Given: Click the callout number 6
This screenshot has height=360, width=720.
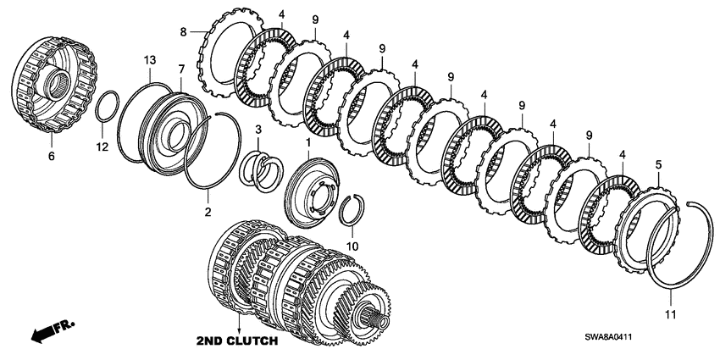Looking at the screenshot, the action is pos(52,157).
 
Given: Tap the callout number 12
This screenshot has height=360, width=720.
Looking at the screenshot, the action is pos(102,147).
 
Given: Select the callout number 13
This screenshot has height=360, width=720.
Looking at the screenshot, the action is pos(150,60).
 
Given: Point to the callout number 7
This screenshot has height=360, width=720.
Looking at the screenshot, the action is pos(181,69).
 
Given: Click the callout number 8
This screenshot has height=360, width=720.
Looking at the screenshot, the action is pos(183,31).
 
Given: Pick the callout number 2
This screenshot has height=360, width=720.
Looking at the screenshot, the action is pos(208,212).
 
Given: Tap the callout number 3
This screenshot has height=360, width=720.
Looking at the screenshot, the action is pos(258,129).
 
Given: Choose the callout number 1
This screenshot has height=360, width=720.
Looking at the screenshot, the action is pos(308,142).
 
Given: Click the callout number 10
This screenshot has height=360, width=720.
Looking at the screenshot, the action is pos(352,246).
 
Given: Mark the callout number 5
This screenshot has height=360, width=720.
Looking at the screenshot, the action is pos(659,165).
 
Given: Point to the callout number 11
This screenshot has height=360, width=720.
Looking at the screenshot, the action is pos(671,314).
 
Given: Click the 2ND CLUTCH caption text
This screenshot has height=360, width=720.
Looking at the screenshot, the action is pos(237,341).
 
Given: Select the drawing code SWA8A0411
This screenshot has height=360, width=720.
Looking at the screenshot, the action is pos(608,336).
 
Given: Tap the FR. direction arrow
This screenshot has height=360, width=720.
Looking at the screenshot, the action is pos(52,332).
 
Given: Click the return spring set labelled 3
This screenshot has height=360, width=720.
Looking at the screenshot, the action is pos(263,171).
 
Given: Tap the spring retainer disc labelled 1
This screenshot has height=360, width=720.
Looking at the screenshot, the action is pos(312,192).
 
